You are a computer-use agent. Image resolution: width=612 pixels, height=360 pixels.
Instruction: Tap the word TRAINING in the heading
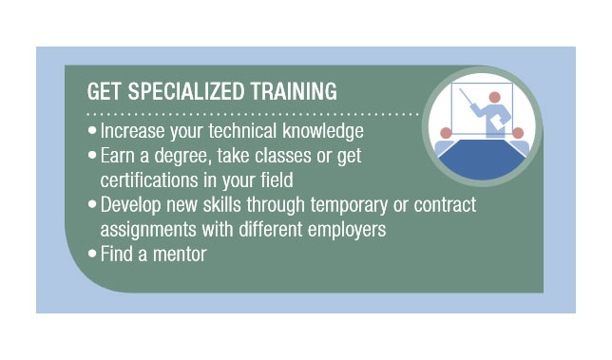(x=290, y=92)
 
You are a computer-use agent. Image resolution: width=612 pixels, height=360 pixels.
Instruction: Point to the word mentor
(x=181, y=254)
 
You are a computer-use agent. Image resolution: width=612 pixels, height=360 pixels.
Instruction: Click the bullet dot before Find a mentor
(x=91, y=254)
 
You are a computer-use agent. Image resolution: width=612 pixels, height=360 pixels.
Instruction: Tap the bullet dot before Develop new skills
(x=91, y=204)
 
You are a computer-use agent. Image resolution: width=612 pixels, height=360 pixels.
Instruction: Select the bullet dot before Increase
(x=91, y=129)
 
